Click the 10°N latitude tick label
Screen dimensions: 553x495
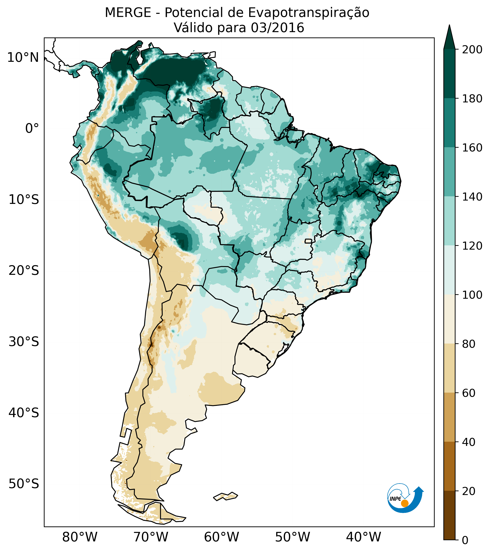tap(23, 58)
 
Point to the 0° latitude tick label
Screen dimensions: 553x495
tap(32, 128)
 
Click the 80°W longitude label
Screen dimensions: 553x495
tap(80, 537)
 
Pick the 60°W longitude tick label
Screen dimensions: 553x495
tap(222, 537)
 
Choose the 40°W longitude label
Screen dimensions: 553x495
tap(364, 537)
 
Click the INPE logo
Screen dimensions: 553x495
tap(405, 497)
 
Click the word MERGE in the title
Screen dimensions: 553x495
tap(128, 13)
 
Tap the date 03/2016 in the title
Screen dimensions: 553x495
tap(277, 28)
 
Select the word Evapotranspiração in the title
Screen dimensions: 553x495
tap(309, 13)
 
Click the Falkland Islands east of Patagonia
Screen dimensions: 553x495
tap(226, 496)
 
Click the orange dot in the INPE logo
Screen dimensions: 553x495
tap(405, 503)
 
